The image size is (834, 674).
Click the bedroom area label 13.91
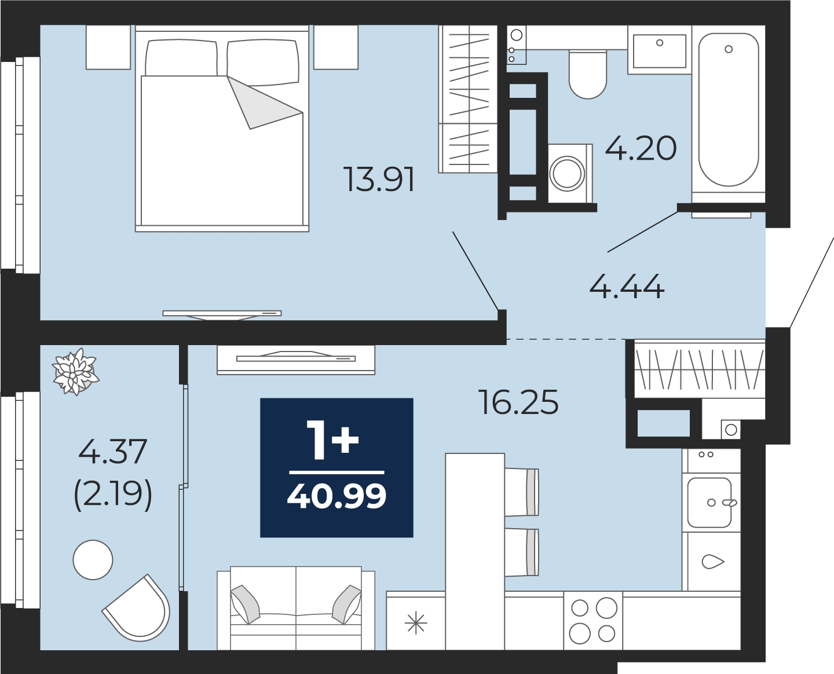pos(379,180)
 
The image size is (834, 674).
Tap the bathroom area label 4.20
pos(641,148)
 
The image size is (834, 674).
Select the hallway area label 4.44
pos(627,287)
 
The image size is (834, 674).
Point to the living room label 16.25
pos(518,402)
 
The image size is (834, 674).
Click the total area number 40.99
pos(336,496)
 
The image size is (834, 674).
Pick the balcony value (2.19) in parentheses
pos(113,494)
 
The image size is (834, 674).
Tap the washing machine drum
pos(567,173)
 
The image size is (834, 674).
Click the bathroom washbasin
pos(659,50)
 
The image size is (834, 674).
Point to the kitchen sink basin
pos(709,503)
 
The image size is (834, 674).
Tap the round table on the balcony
pos(93,560)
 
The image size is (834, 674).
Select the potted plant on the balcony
pos(75,371)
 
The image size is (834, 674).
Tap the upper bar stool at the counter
pos(522,492)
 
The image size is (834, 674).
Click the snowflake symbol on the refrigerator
pos(415,622)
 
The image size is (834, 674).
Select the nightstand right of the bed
pos(336,47)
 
